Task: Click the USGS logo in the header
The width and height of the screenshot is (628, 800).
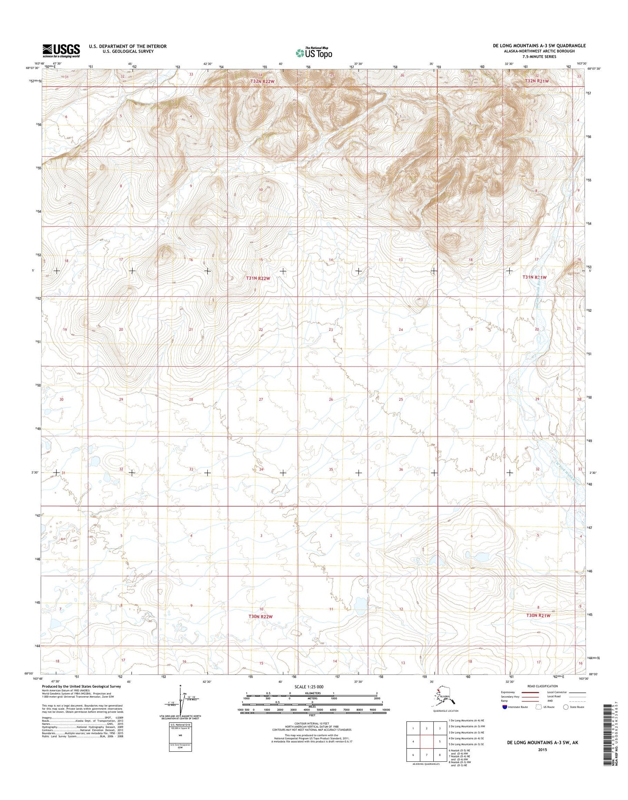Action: [61, 50]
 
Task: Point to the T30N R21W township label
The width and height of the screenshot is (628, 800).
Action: [538, 615]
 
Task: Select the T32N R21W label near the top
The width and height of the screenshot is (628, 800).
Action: [537, 81]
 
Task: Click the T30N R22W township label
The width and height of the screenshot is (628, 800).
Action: [261, 617]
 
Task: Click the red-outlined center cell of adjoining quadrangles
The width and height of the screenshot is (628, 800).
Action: [427, 742]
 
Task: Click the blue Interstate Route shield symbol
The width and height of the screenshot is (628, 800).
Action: [504, 707]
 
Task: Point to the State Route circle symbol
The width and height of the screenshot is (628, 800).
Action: [565, 707]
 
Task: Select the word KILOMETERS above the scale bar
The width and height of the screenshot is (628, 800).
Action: [312, 694]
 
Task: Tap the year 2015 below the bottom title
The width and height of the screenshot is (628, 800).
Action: [542, 750]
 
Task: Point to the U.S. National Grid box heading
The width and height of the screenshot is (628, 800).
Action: [180, 725]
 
